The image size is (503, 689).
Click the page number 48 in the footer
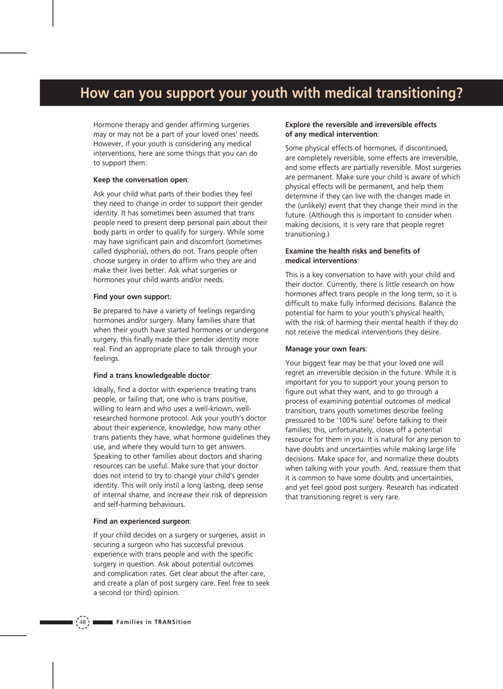(83, 622)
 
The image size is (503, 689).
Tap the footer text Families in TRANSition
(154, 622)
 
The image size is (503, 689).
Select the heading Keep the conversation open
(141, 180)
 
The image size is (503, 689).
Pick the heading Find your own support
(132, 297)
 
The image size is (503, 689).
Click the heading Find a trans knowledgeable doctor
(152, 375)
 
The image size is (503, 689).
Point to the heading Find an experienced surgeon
(142, 521)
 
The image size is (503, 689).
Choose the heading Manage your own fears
(326, 349)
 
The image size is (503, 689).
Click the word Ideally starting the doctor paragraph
(105, 390)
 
